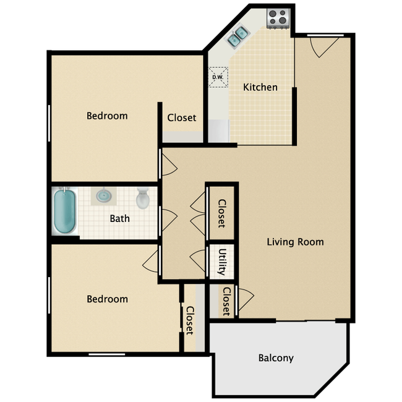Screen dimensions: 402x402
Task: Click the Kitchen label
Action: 260,87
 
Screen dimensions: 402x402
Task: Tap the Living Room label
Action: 296,242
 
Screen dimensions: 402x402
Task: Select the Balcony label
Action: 276,358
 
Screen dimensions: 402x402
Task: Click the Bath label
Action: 120,219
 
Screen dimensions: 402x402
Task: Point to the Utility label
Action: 222,262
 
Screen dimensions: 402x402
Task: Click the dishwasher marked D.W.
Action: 218,77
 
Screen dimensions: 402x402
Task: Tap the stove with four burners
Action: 278,18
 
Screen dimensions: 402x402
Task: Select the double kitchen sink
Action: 237,36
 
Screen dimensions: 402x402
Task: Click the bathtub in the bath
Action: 64,211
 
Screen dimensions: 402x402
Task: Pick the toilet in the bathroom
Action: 142,198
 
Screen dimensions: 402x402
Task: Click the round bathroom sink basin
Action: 104,195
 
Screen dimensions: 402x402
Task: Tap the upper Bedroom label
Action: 107,116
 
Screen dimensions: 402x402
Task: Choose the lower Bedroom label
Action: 107,299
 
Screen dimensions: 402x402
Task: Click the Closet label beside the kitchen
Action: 181,118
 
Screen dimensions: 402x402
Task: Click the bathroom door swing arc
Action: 169,220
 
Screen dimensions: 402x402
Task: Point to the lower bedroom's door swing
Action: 151,261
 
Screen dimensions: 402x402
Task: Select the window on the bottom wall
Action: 106,354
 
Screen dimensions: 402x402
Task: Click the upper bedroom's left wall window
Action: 49,123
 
